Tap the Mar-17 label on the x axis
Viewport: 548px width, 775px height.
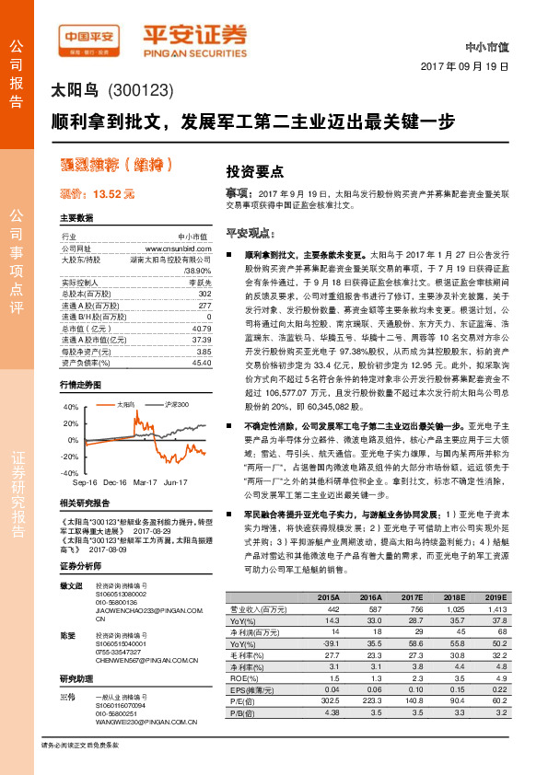[145, 481]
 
